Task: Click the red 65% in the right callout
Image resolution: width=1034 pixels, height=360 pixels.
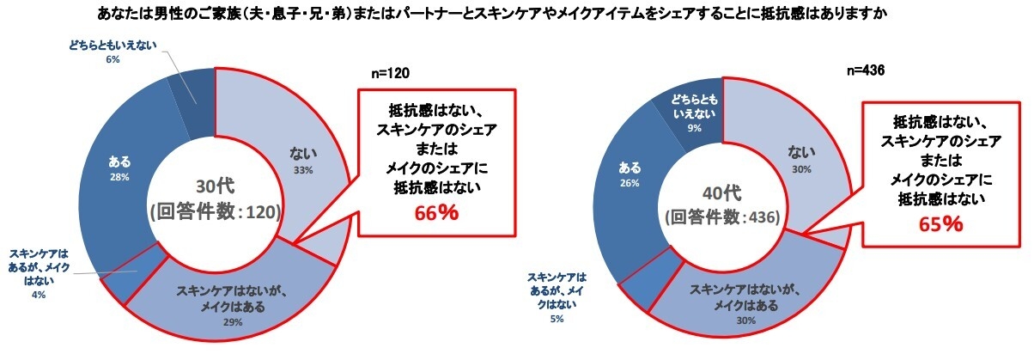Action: (x=940, y=224)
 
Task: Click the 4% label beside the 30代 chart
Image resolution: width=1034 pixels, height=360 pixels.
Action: (x=40, y=294)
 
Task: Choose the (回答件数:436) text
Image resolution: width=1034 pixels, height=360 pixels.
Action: (x=722, y=217)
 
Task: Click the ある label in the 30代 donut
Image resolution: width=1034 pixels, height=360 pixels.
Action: (x=121, y=161)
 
